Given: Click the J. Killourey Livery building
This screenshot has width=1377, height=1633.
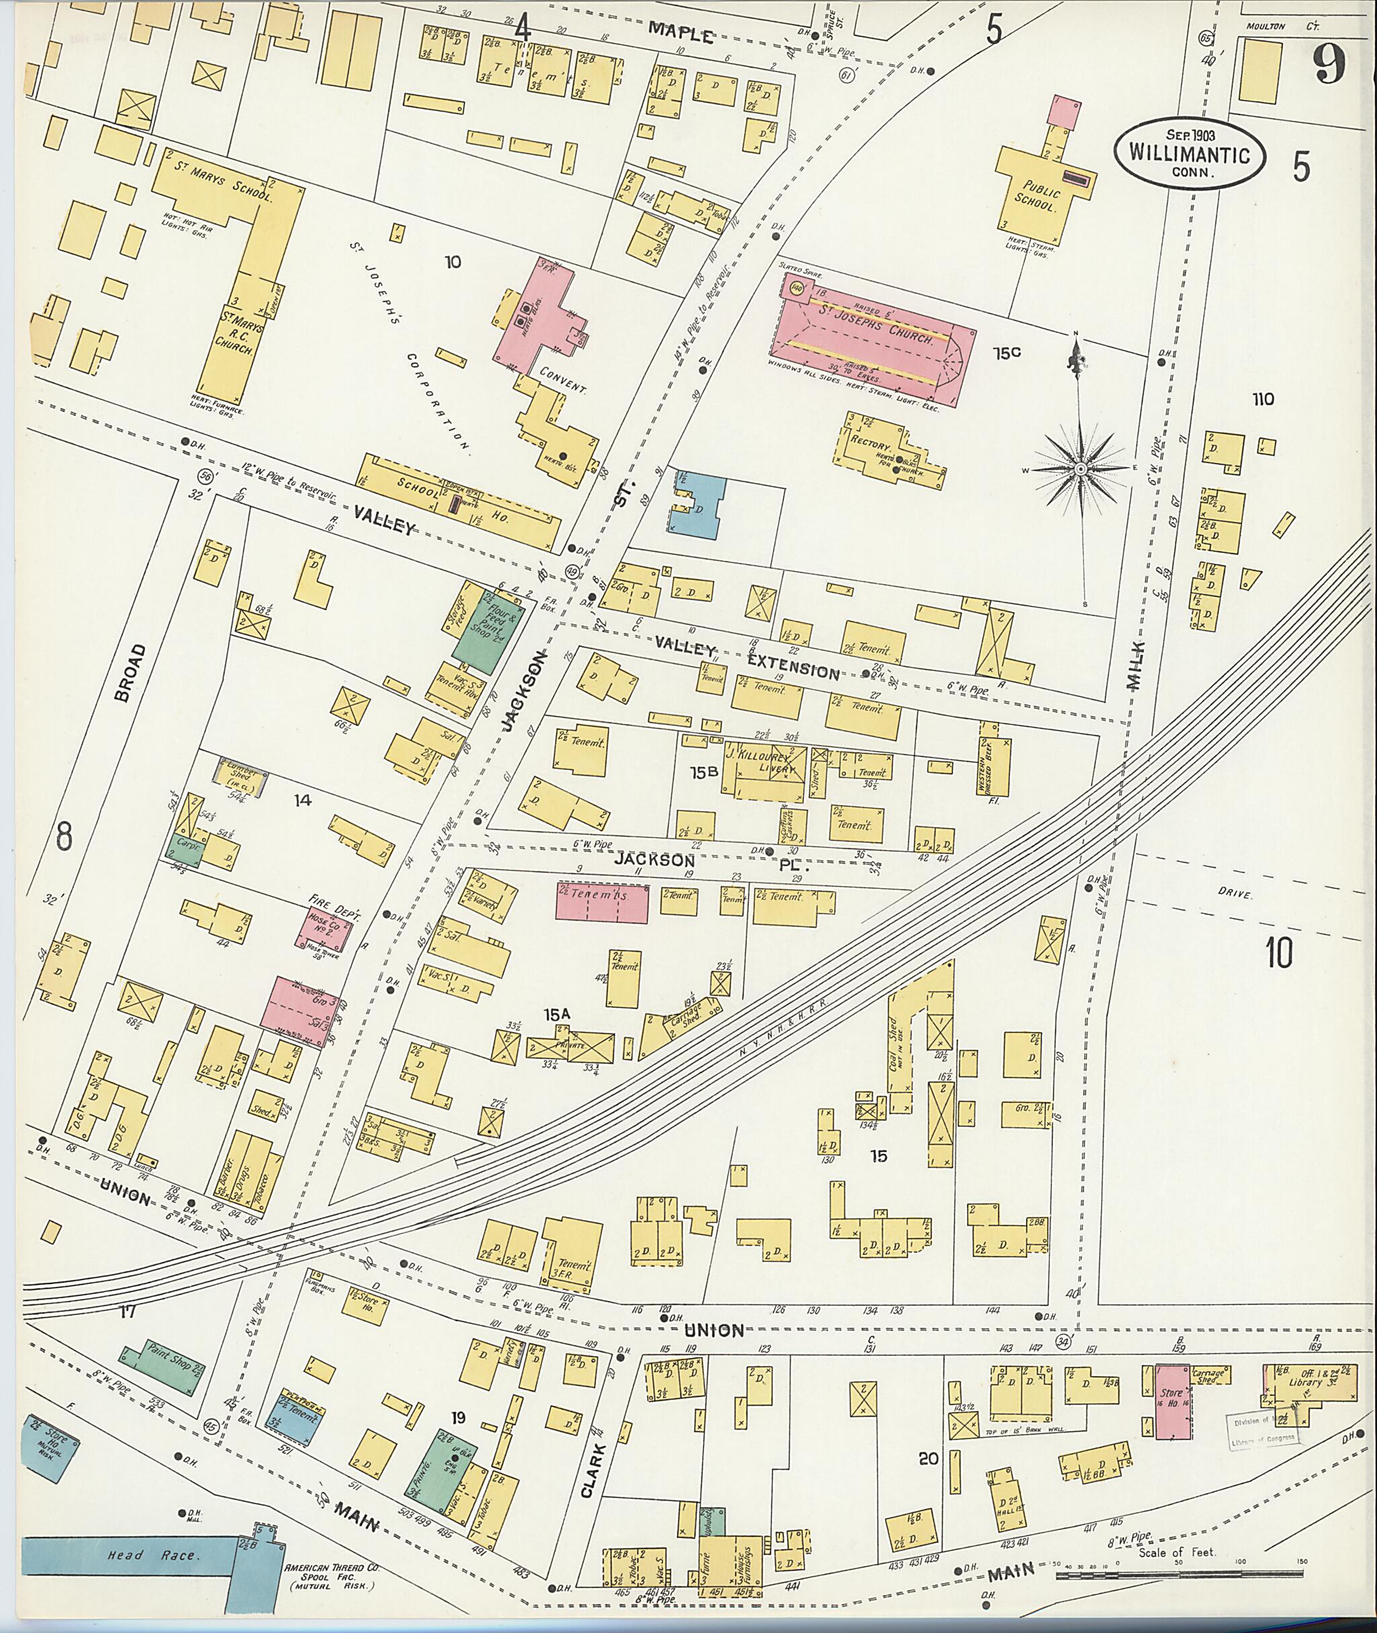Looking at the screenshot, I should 764,772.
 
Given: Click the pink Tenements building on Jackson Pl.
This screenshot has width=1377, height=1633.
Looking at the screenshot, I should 601,902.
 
